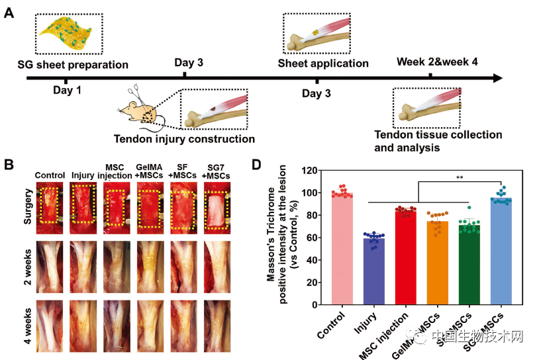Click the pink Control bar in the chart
click(342, 249)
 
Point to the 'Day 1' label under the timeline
click(68, 90)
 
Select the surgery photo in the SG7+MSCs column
click(216, 204)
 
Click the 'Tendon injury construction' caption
click(184, 139)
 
